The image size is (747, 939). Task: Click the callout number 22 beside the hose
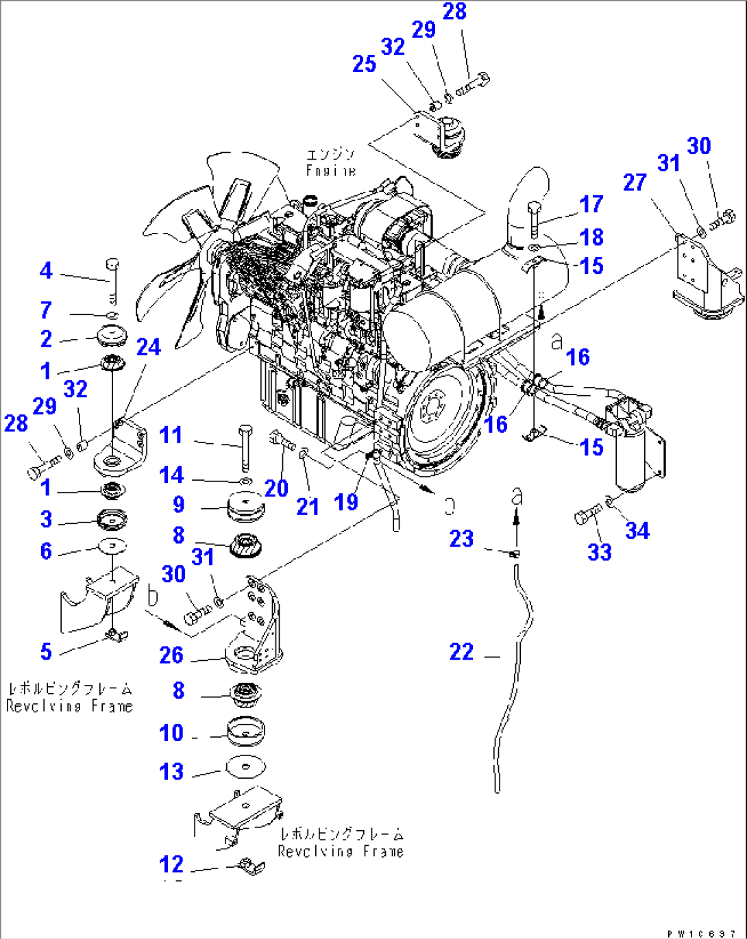[461, 651]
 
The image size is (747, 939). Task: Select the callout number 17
[591, 204]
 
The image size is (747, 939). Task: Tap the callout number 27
[635, 182]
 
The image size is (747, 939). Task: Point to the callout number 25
[364, 64]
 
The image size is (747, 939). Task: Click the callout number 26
[171, 655]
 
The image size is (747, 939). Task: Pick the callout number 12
[171, 864]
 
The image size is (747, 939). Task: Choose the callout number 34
[637, 530]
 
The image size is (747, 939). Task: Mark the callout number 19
[346, 501]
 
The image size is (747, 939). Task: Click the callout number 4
[46, 271]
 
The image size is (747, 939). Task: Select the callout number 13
[171, 771]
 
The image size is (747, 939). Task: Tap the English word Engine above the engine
[331, 171]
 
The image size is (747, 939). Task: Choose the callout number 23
[461, 538]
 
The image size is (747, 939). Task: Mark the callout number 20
[276, 488]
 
